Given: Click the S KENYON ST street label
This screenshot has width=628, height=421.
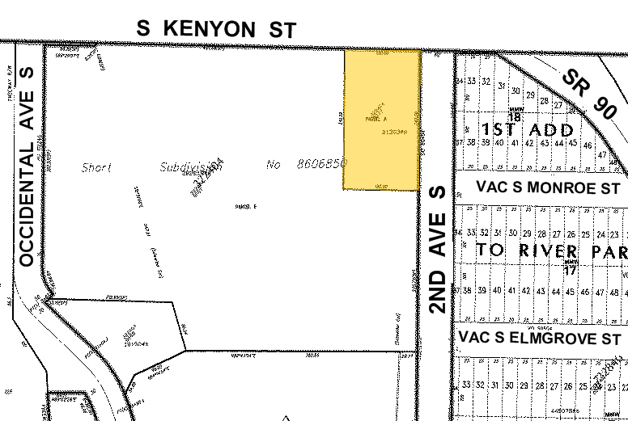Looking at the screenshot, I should (216, 28).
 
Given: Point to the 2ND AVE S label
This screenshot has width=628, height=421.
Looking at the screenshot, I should (438, 249).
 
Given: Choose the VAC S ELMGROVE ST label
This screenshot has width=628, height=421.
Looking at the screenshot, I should (539, 336).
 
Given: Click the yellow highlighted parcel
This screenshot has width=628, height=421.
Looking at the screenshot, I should (382, 120).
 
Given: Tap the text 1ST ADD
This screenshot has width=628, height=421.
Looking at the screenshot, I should (528, 129).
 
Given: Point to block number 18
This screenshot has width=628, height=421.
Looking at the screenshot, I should (513, 117).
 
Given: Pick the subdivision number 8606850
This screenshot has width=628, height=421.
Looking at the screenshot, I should (317, 165).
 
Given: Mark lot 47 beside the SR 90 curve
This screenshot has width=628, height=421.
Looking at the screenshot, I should (600, 153).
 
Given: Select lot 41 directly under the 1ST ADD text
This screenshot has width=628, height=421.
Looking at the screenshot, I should (507, 143).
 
